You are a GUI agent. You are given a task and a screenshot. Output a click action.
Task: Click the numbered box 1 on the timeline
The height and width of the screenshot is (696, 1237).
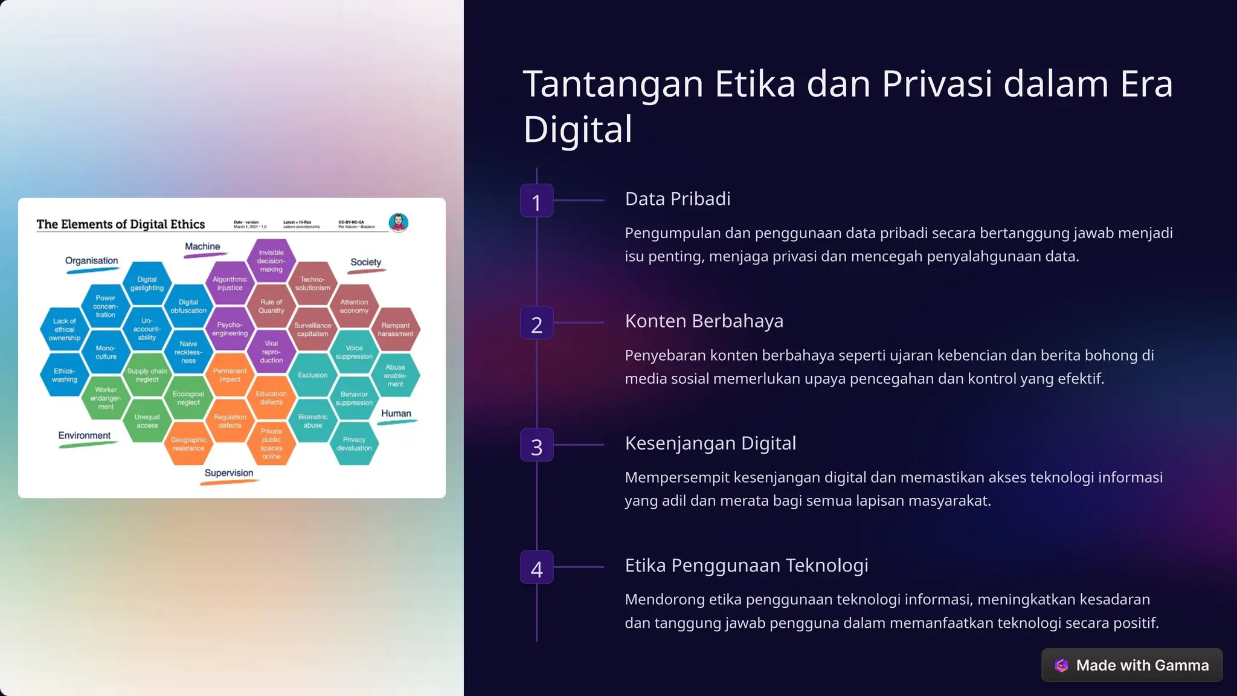click(536, 201)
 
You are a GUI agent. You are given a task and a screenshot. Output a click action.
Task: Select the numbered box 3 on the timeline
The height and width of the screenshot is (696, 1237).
click(536, 445)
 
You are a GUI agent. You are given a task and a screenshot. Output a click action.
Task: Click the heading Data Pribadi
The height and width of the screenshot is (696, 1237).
click(678, 199)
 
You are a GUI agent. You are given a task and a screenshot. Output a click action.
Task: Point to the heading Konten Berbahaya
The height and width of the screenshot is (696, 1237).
click(704, 321)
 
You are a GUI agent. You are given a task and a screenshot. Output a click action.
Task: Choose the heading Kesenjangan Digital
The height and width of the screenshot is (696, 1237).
click(710, 443)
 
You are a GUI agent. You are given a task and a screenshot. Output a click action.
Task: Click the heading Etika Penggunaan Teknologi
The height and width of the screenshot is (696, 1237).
click(747, 565)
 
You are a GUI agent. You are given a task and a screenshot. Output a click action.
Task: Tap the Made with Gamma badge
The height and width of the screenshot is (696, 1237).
click(1132, 665)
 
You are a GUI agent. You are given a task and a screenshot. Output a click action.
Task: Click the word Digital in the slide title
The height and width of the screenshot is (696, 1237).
click(578, 129)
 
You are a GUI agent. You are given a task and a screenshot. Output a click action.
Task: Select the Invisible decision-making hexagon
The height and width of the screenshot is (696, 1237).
click(271, 261)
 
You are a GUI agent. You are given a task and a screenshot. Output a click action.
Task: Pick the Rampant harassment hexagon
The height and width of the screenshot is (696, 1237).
click(396, 329)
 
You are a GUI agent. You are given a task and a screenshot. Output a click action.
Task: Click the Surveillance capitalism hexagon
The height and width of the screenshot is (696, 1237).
click(313, 329)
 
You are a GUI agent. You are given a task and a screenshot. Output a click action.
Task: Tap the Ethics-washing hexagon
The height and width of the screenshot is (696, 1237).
click(65, 375)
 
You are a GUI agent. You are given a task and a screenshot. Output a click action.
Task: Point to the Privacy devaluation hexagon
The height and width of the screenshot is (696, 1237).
click(354, 444)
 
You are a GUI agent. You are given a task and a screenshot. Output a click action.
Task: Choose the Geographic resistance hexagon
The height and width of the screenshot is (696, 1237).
click(188, 444)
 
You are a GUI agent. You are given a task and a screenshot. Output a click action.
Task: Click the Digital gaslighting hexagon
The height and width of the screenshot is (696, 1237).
click(147, 283)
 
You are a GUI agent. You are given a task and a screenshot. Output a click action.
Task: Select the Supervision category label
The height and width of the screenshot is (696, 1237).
click(229, 473)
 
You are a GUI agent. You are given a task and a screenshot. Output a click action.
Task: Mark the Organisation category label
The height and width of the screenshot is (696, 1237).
click(92, 260)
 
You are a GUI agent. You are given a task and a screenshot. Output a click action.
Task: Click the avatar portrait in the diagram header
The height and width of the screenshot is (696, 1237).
click(399, 222)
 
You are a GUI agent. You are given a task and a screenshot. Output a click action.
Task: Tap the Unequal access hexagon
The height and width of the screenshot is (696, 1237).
click(147, 421)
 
